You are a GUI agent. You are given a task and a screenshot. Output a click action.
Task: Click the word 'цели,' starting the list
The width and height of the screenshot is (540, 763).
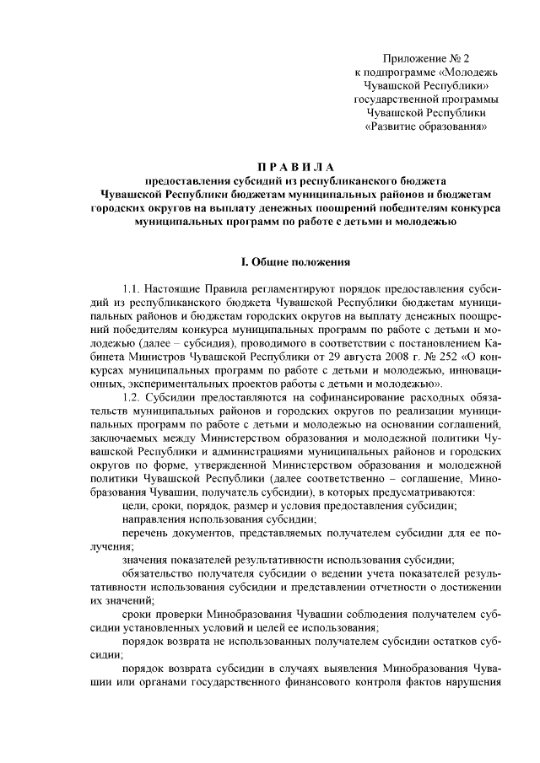click(137, 505)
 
